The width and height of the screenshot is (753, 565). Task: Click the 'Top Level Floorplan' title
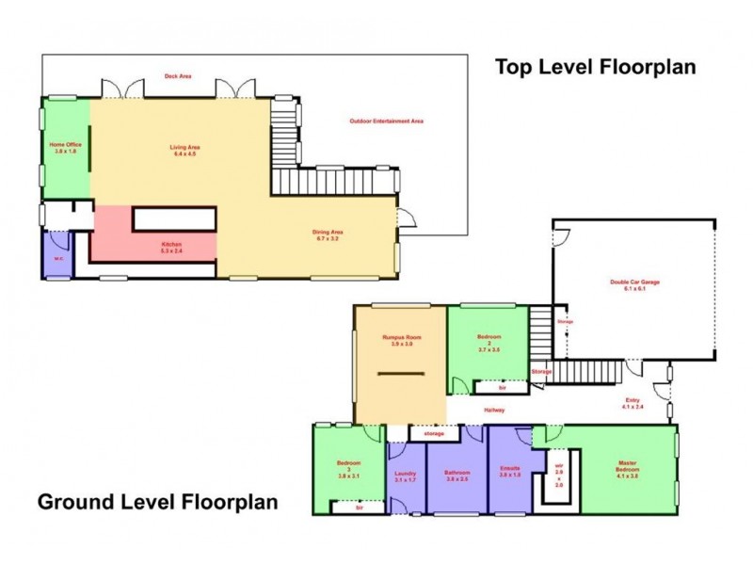[x=595, y=67]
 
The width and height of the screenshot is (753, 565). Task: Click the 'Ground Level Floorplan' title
[x=157, y=501]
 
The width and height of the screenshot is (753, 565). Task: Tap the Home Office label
[x=66, y=148]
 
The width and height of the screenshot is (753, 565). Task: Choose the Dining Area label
[x=328, y=235]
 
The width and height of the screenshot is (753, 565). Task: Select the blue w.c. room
[x=57, y=254]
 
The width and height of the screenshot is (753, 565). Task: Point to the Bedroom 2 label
[x=489, y=342]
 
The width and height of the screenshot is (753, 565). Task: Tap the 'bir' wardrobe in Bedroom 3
[x=359, y=507]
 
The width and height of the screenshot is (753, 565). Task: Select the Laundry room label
[x=406, y=476]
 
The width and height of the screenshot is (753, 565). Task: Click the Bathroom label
[x=457, y=476]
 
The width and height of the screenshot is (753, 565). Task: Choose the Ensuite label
[x=510, y=471]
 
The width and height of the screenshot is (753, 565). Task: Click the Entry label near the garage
[x=633, y=404]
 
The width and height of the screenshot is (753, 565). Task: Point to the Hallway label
[x=494, y=410]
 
